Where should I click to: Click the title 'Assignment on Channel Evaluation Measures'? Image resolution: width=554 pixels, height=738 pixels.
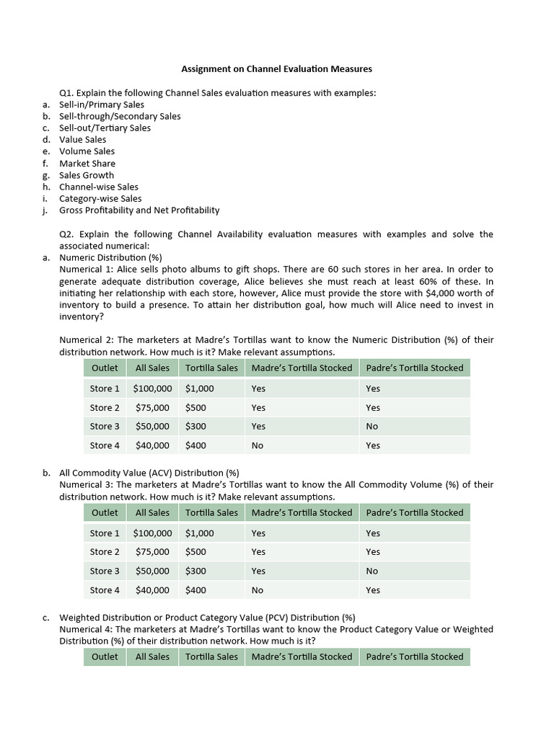pyautogui.click(x=276, y=69)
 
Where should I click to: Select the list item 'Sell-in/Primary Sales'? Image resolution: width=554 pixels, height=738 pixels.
pyautogui.click(x=102, y=105)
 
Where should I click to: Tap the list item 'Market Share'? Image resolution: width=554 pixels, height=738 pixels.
pyautogui.click(x=87, y=164)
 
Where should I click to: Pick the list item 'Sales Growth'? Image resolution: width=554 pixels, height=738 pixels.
pyautogui.click(x=87, y=175)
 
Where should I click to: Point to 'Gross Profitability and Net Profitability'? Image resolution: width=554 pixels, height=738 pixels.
pyautogui.click(x=139, y=210)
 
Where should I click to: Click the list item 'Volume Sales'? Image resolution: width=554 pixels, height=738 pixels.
pyautogui.click(x=87, y=151)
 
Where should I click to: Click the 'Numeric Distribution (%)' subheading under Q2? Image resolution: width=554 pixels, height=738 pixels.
pyautogui.click(x=110, y=257)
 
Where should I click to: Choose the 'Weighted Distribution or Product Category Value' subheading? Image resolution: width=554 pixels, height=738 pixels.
pyautogui.click(x=207, y=618)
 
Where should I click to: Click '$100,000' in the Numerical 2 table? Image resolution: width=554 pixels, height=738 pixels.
pyautogui.click(x=153, y=388)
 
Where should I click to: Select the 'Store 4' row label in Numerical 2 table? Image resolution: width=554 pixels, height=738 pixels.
pyautogui.click(x=105, y=445)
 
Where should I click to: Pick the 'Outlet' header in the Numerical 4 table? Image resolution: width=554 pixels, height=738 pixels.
pyautogui.click(x=105, y=657)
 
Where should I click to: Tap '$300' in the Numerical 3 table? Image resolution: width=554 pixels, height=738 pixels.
pyautogui.click(x=195, y=571)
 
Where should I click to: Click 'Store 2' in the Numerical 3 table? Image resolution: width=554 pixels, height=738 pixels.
pyautogui.click(x=105, y=552)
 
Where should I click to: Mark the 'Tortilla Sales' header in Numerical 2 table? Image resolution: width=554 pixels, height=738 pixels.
pyautogui.click(x=211, y=368)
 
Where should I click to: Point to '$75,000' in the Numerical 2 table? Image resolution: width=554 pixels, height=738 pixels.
pyautogui.click(x=153, y=407)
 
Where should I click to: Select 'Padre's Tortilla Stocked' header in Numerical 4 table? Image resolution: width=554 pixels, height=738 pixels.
pyautogui.click(x=415, y=657)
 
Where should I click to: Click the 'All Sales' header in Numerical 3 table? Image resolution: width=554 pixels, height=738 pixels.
pyautogui.click(x=153, y=512)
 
